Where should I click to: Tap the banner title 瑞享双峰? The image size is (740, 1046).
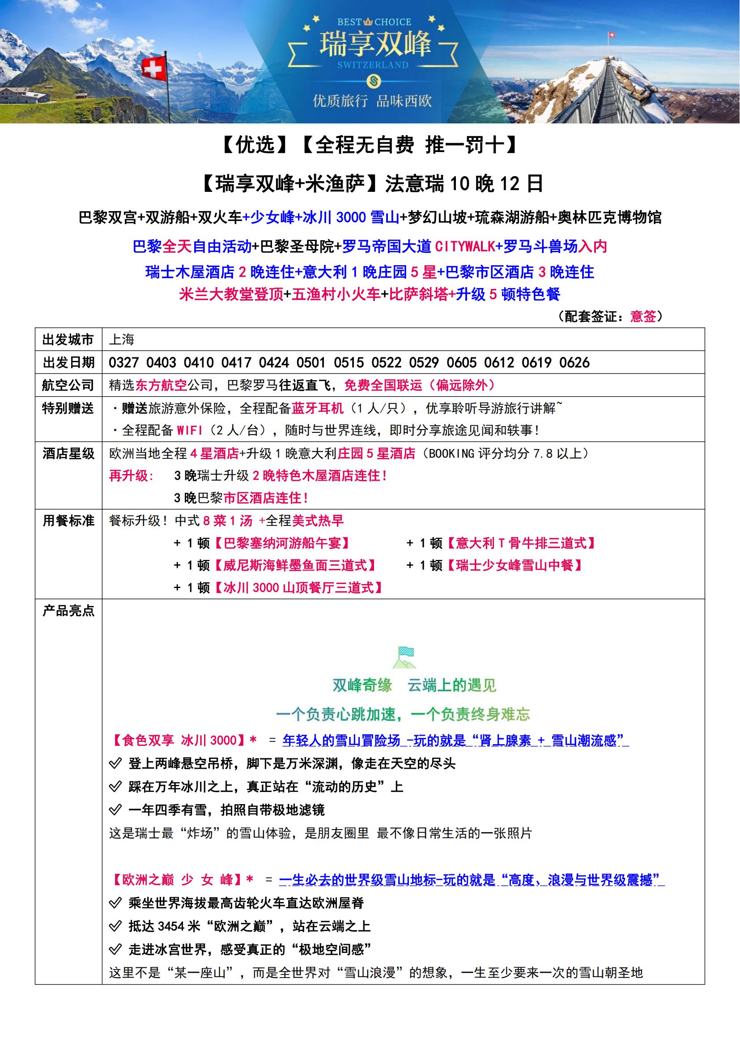tap(374, 44)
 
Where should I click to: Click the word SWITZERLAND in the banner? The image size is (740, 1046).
tap(373, 65)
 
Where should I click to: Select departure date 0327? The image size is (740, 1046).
tap(123, 363)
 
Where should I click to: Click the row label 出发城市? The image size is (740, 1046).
tap(68, 340)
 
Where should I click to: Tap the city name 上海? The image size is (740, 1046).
tap(122, 340)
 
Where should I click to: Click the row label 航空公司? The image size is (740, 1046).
tap(68, 385)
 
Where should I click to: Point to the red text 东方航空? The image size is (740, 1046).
tap(162, 385)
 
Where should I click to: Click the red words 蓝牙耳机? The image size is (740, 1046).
tap(318, 408)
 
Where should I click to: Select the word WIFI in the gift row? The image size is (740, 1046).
tap(190, 430)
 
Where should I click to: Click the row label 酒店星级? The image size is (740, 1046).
tap(68, 454)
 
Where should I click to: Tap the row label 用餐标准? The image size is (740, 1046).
tap(68, 521)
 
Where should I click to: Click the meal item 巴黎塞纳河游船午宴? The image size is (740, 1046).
tap(282, 543)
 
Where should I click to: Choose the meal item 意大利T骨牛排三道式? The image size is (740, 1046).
tap(521, 543)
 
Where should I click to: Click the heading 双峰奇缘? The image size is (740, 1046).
tap(362, 685)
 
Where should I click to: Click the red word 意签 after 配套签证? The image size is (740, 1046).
tap(643, 316)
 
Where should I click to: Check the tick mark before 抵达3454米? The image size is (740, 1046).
tap(115, 926)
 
